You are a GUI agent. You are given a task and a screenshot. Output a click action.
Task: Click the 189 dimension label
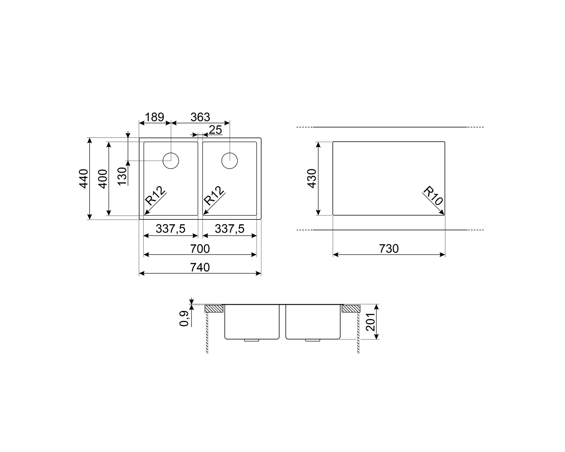(154, 117)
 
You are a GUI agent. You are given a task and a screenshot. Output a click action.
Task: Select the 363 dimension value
(200, 117)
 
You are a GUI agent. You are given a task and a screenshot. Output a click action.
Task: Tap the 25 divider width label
(215, 130)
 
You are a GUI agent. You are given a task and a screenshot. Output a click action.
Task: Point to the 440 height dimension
(84, 179)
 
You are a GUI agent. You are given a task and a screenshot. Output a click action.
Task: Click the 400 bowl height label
(103, 179)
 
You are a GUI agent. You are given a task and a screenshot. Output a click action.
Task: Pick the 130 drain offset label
(122, 176)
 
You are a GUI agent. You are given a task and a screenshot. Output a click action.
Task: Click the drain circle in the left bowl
(171, 161)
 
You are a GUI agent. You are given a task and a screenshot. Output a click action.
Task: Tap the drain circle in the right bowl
(229, 161)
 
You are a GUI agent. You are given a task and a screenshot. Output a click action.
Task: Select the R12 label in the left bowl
(156, 196)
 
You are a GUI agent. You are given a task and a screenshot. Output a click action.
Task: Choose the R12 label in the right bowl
(214, 196)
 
